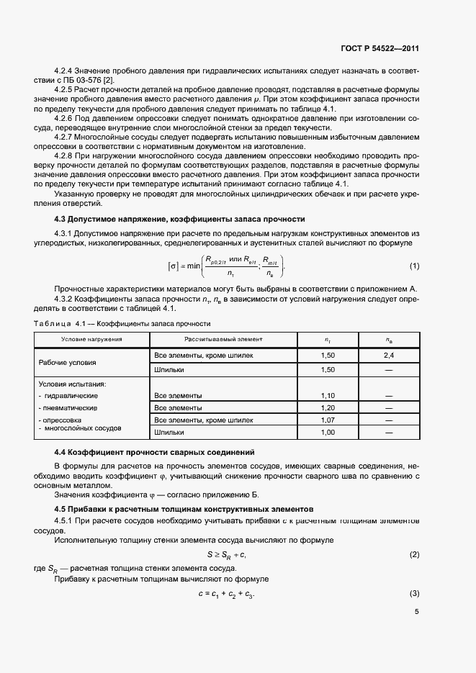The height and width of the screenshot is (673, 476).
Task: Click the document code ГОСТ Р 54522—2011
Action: click(x=380, y=49)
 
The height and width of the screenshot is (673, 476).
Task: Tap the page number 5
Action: click(x=417, y=612)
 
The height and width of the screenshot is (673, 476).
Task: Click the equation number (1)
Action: click(x=414, y=266)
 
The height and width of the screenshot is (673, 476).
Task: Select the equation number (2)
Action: click(x=414, y=554)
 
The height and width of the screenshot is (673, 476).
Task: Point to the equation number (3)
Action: click(x=414, y=593)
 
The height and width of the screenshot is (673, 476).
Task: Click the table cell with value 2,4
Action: click(x=389, y=356)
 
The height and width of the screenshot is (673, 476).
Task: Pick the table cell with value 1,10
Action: click(x=328, y=395)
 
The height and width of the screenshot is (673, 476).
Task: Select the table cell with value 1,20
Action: click(x=328, y=407)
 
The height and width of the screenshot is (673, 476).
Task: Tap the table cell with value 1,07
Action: click(x=328, y=420)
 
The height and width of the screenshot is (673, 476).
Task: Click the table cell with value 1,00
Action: click(x=328, y=433)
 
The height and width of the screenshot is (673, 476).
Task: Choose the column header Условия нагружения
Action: click(x=91, y=338)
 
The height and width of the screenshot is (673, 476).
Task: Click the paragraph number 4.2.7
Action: click(x=66, y=136)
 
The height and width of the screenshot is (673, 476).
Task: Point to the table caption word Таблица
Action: click(x=50, y=324)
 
